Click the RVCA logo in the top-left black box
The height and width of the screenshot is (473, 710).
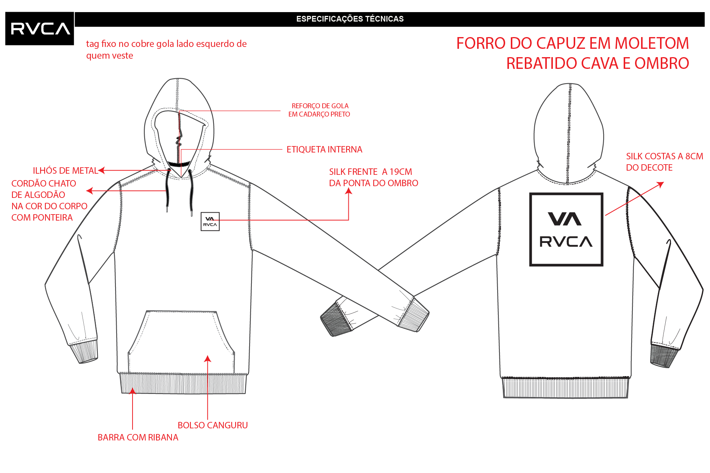point(41,29)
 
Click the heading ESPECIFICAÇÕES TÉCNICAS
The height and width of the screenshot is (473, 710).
point(350,19)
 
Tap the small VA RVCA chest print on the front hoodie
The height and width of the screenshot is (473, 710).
point(210,221)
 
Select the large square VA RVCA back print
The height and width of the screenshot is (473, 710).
point(566,230)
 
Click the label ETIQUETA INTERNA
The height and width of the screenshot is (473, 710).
point(325,149)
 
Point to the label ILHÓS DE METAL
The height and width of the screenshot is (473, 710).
point(66,171)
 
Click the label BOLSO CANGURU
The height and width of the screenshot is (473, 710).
point(213,425)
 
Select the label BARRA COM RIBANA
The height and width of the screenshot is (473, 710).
point(138,437)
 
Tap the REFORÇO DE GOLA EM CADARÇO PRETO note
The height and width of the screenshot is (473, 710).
point(319,110)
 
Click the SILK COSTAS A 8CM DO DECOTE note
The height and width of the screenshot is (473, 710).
point(665,162)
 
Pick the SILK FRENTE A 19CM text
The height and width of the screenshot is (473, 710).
point(371,172)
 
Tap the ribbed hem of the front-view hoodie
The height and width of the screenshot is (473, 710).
point(183,383)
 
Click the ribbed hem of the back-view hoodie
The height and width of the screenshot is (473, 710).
point(565,387)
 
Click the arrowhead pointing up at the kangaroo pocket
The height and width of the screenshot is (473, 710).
point(208,358)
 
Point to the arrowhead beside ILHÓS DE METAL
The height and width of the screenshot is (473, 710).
point(101,171)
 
